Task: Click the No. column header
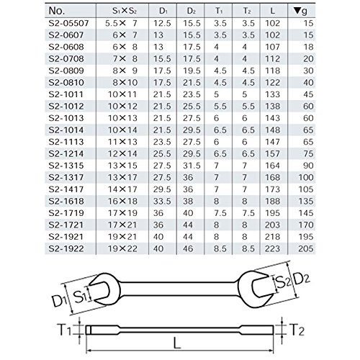coord(57,11)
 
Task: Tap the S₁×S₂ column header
coord(125,11)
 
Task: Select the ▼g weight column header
coord(300,11)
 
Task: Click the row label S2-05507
coord(68,23)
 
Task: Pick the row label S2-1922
coord(66,248)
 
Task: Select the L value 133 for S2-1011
coord(273,94)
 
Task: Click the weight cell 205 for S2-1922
coord(306,248)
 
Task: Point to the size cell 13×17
coord(122,177)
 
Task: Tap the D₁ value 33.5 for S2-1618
coord(162,201)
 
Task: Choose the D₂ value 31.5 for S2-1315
coord(192,166)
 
